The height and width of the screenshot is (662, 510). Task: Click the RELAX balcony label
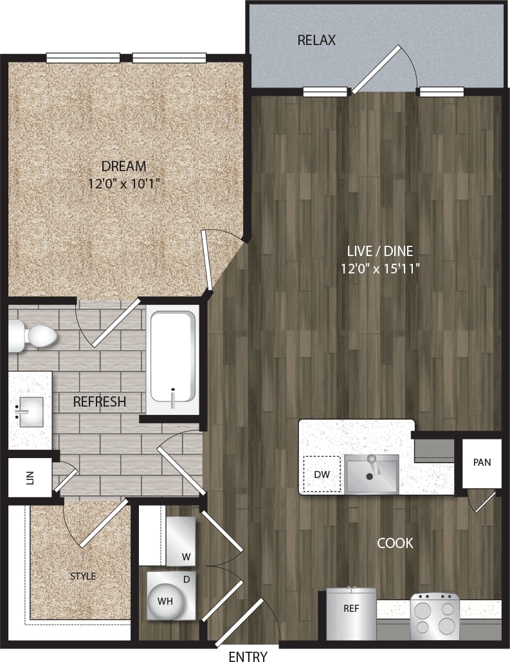(316, 41)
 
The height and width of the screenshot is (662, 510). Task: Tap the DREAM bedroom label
(123, 165)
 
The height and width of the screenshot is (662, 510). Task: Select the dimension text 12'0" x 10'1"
(123, 183)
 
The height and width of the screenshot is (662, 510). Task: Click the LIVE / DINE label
(381, 251)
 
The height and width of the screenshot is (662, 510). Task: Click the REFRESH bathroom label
(99, 402)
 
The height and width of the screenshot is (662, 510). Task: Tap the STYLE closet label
(82, 576)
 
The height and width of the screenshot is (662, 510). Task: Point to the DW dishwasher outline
(322, 474)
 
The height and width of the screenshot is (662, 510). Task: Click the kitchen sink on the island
(371, 474)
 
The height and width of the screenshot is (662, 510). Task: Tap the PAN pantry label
(482, 463)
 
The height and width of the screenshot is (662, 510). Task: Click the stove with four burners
(435, 616)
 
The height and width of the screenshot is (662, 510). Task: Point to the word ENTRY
(248, 656)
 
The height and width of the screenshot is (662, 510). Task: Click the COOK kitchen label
(395, 543)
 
